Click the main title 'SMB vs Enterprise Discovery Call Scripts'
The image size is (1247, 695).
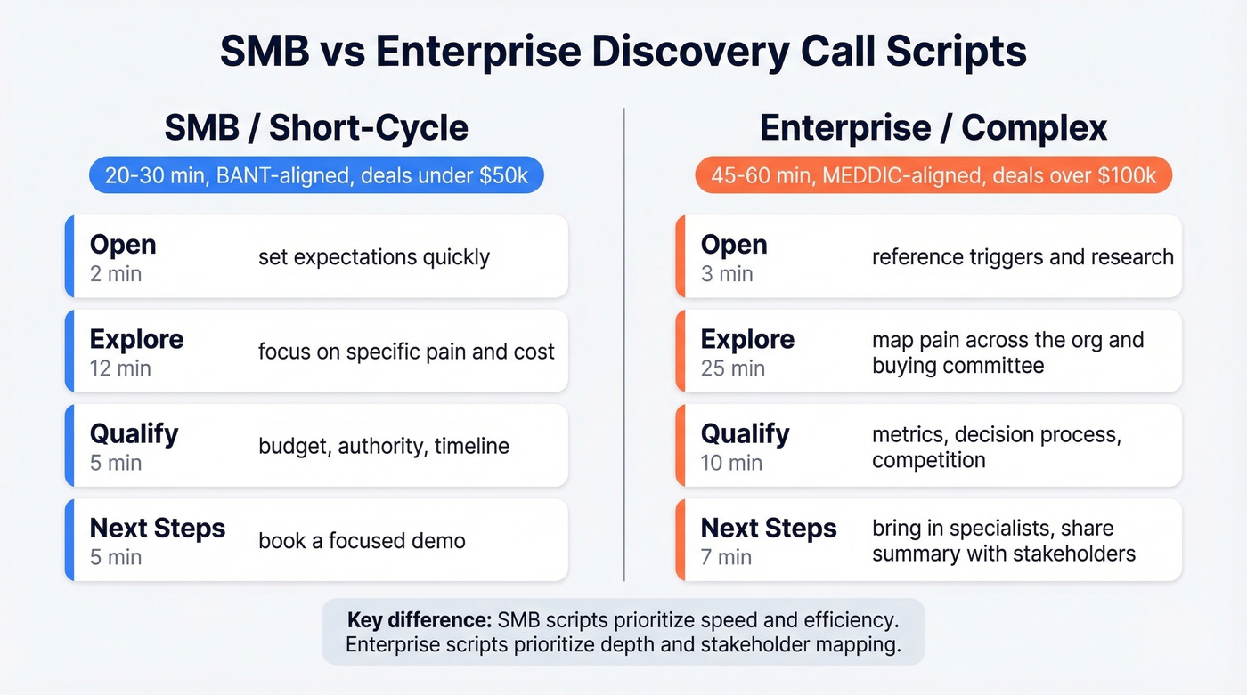pos(623,52)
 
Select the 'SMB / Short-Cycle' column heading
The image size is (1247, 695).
pos(316,128)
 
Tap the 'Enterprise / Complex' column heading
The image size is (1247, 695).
pos(933,128)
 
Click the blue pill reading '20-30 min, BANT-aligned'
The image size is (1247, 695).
pos(316,175)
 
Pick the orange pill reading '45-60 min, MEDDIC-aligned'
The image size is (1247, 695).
pos(933,175)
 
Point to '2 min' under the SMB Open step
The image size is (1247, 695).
pos(116,274)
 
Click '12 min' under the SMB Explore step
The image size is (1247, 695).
pos(120,368)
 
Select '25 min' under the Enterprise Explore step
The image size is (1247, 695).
pos(732,368)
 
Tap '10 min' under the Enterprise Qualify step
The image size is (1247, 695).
pos(731,463)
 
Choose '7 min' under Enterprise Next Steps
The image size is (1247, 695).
pos(726,557)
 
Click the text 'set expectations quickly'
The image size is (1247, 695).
pos(374,257)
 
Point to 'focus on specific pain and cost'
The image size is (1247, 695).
pos(406,352)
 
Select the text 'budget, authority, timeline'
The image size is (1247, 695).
pos(384,446)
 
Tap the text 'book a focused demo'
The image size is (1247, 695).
pos(362,540)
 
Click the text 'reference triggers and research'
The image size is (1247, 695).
pos(1023,257)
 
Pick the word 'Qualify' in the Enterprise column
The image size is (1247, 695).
pos(745,433)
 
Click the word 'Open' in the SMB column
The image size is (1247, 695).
pos(123,245)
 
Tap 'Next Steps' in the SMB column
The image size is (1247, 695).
pos(158,528)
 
